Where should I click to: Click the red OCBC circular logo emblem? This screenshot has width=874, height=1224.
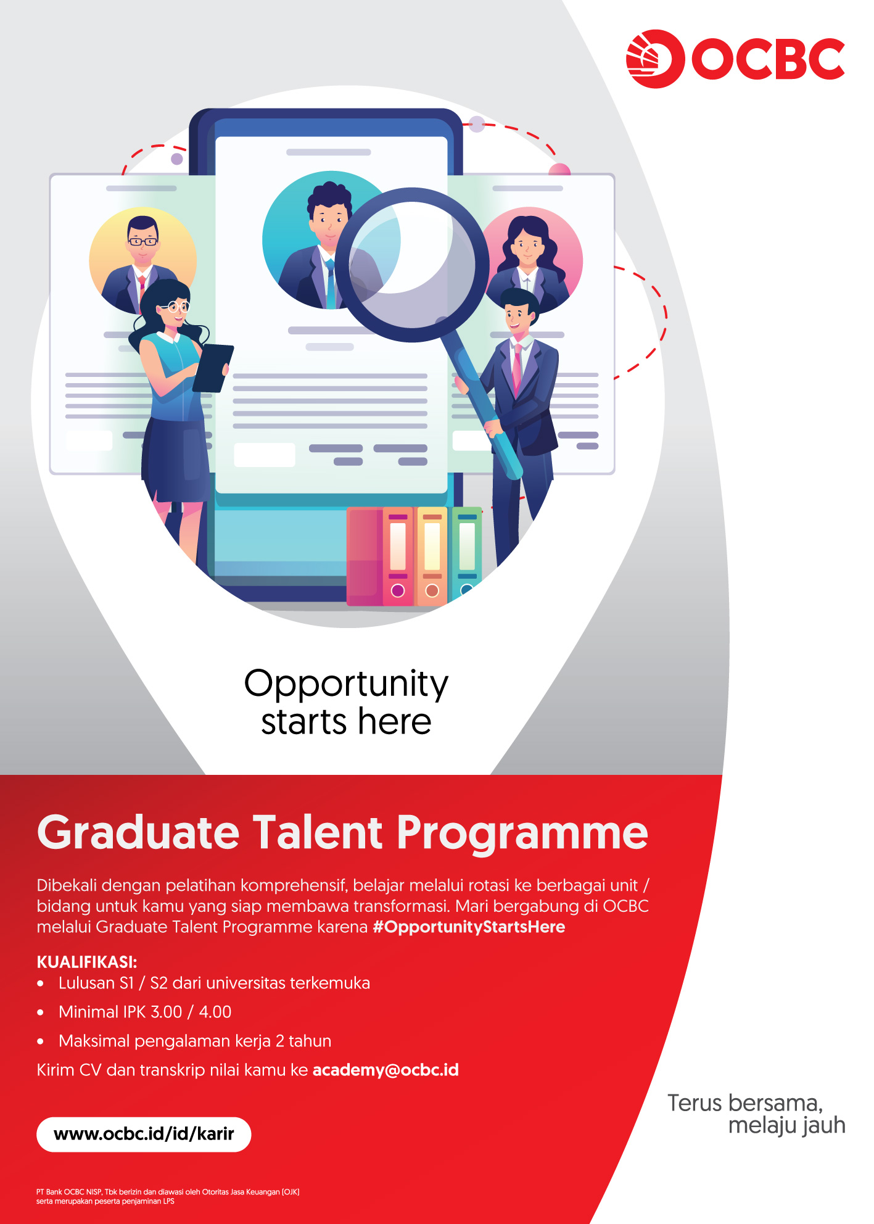click(655, 59)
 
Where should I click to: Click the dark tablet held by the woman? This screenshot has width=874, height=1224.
click(213, 368)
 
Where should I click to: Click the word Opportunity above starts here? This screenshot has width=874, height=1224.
click(346, 684)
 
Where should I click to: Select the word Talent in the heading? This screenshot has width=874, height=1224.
click(318, 832)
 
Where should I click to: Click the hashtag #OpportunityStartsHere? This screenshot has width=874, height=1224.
click(469, 927)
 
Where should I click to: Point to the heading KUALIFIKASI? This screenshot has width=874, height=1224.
click(87, 962)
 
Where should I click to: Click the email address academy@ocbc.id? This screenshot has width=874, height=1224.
click(385, 1070)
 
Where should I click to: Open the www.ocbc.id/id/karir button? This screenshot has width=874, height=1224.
click(144, 1134)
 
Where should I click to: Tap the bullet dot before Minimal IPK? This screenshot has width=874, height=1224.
click(41, 1012)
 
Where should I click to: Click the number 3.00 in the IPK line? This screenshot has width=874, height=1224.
click(167, 1012)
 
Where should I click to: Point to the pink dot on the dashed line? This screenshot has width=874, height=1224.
click(559, 170)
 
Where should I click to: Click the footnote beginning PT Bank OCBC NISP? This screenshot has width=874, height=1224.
click(168, 1196)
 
